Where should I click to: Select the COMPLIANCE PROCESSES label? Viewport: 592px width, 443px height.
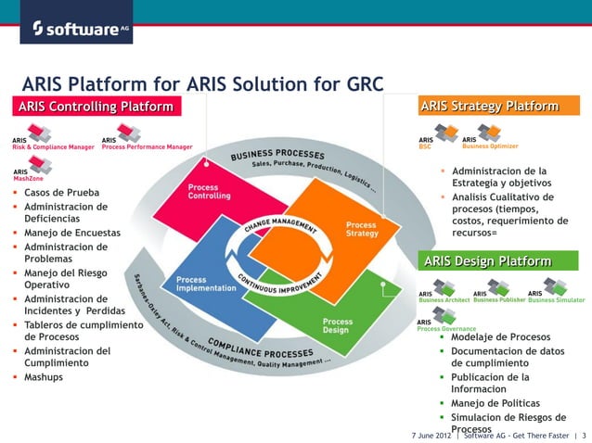coord(261,352)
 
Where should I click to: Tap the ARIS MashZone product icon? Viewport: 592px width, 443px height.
coord(39,165)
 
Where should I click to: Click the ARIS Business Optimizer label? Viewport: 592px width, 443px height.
coord(490,146)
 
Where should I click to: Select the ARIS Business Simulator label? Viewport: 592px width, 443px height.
coord(556,299)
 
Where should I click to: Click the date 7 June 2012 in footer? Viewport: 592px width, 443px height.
coord(431,435)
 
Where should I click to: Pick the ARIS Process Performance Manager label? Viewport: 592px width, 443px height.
coord(147,146)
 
